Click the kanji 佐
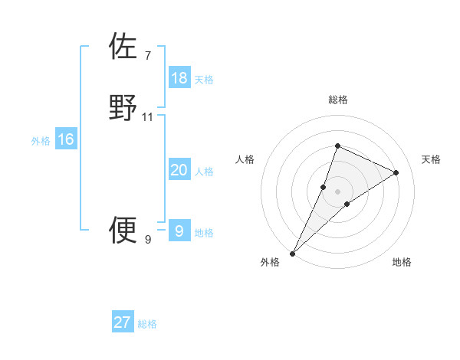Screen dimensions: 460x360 click(123, 46)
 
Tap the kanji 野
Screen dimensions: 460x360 click(123, 107)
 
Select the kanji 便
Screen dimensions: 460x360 click(123, 229)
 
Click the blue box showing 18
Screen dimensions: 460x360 click(179, 78)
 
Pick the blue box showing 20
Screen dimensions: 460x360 click(179, 170)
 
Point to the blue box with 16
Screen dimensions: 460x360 click(66, 139)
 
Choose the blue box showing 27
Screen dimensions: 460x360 click(123, 322)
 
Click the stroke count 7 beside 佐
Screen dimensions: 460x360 click(148, 55)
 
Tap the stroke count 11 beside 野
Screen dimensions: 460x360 click(148, 117)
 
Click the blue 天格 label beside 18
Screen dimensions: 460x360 click(204, 79)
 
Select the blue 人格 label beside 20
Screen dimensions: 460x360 click(204, 172)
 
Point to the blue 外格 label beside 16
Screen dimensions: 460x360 click(41, 141)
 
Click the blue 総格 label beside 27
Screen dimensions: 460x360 click(147, 324)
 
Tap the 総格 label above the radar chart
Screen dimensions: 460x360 click(338, 100)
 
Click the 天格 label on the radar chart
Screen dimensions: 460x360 click(432, 159)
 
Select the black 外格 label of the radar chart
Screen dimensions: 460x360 click(270, 262)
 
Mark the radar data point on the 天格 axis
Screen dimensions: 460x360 click(396, 172)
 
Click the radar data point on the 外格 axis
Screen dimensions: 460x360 click(293, 253)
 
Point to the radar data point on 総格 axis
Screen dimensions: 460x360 click(337, 146)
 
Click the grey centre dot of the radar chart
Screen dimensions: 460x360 click(338, 191)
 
